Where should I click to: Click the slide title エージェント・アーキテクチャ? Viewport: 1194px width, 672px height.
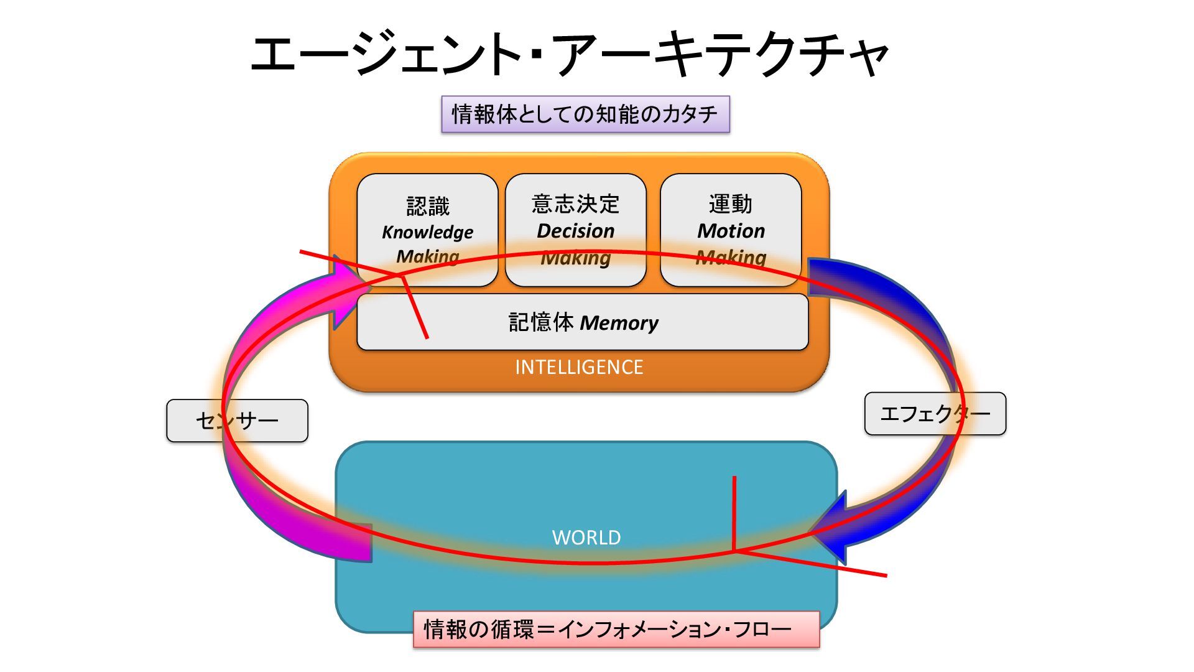pyautogui.click(x=568, y=55)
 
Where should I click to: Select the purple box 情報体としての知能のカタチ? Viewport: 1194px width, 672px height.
pyautogui.click(x=585, y=114)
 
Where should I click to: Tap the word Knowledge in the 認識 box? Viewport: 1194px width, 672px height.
pyautogui.click(x=427, y=232)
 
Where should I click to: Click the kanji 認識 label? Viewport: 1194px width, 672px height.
pyautogui.click(x=427, y=206)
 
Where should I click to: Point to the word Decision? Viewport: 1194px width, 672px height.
pyautogui.click(x=575, y=231)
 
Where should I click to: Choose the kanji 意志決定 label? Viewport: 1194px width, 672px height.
pyautogui.click(x=575, y=204)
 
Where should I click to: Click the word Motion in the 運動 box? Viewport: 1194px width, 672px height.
pyautogui.click(x=731, y=231)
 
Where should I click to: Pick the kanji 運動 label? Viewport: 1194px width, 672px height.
pyautogui.click(x=731, y=204)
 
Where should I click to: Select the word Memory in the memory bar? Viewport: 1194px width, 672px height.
pyautogui.click(x=619, y=323)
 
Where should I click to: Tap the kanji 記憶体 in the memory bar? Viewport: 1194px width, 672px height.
pyautogui.click(x=541, y=322)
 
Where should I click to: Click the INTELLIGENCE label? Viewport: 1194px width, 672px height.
pyautogui.click(x=579, y=367)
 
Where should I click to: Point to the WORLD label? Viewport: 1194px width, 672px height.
pyautogui.click(x=586, y=538)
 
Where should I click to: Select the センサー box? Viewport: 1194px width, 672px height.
pyautogui.click(x=237, y=421)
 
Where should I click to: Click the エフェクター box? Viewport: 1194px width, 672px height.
pyautogui.click(x=935, y=414)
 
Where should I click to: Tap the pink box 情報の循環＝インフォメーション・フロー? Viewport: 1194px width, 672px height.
pyautogui.click(x=616, y=629)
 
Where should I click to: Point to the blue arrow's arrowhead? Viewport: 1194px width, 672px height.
pyautogui.click(x=830, y=529)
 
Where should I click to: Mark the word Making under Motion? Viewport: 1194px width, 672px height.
pyautogui.click(x=731, y=257)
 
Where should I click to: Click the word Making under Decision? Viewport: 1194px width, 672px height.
pyautogui.click(x=575, y=258)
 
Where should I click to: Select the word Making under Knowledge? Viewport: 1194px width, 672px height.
pyautogui.click(x=427, y=256)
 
